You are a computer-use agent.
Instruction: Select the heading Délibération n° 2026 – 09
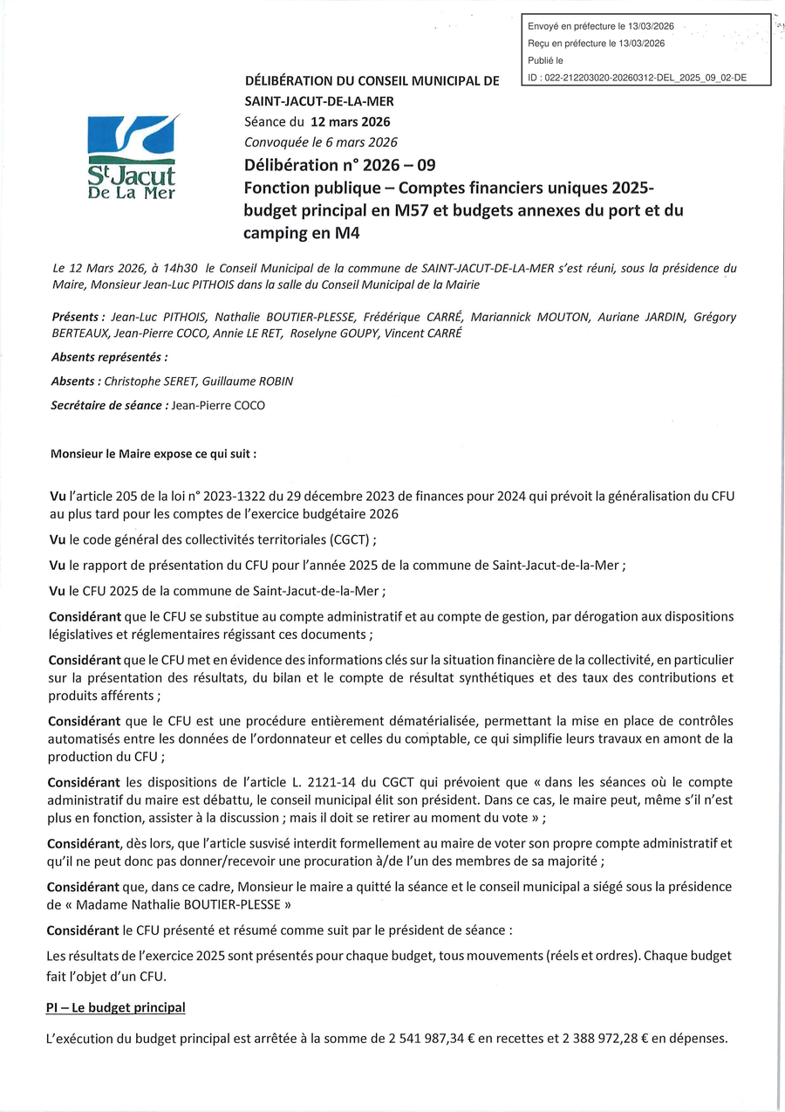tap(339, 165)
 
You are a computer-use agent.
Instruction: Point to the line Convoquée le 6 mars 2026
tap(320, 142)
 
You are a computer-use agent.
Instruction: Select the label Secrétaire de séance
tap(108, 405)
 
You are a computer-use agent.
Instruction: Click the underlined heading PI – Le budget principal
tap(116, 1007)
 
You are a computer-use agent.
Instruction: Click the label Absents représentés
tap(110, 356)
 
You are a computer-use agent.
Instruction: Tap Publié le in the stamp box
tap(545, 60)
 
